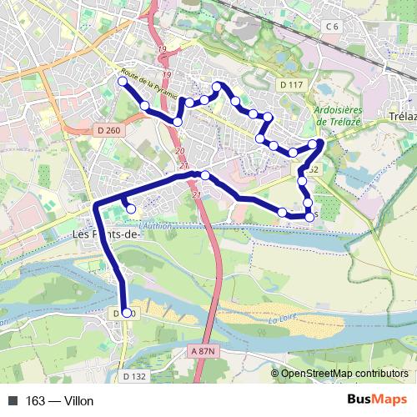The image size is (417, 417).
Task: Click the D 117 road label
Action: click(292, 85)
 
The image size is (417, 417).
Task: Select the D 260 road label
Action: click(85, 130)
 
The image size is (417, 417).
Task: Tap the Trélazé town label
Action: click(402, 117)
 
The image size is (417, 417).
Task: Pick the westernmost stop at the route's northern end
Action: click(123, 82)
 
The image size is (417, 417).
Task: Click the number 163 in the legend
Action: click(36, 401)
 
